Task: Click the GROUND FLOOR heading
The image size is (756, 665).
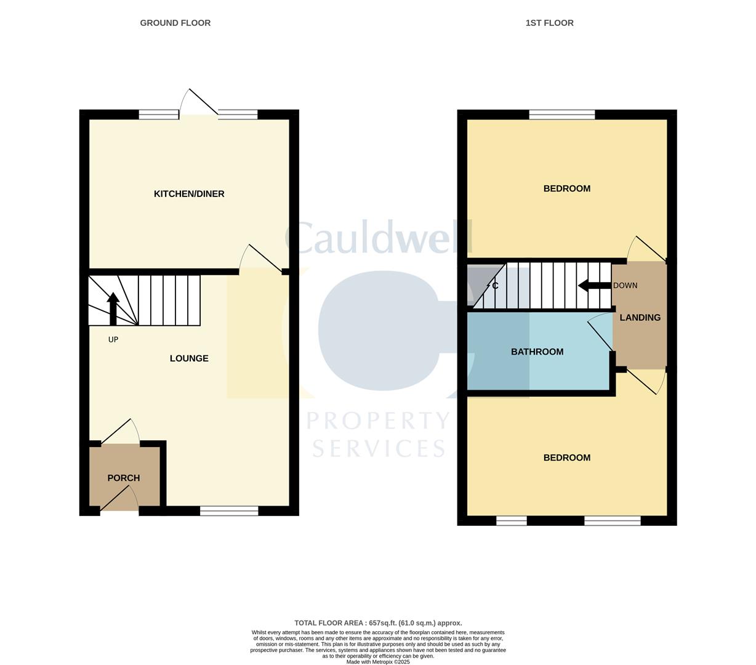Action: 175,23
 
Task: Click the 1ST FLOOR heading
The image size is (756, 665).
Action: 549,23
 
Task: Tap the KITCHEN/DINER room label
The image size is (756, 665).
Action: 189,194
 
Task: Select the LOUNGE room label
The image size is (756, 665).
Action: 189,358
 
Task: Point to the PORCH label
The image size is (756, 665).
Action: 124,478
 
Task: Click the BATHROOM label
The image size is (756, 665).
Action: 537,352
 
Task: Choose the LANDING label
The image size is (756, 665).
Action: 640,318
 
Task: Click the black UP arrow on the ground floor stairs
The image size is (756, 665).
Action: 113,308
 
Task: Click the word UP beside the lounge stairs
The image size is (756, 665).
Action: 113,339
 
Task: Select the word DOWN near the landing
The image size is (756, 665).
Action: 625,286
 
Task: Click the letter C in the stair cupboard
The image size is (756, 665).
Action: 495,286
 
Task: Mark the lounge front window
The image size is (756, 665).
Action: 229,510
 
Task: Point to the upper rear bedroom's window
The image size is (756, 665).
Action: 562,114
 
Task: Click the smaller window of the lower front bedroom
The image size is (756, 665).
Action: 512,521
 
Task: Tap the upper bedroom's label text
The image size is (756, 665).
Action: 566,188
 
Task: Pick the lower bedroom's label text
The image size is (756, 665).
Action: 566,457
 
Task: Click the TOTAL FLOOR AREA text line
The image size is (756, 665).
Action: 378,623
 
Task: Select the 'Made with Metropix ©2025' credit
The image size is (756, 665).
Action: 378,662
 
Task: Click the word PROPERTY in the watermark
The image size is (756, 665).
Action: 379,421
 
